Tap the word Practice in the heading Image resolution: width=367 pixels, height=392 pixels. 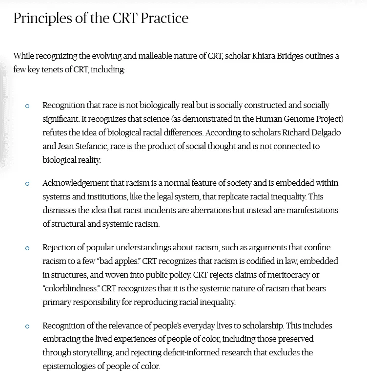[x=165, y=19]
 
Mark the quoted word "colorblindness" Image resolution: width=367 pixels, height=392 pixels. [x=71, y=289]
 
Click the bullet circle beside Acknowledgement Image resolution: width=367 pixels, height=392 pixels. [x=27, y=184]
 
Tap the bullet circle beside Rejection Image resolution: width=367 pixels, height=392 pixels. [x=27, y=248]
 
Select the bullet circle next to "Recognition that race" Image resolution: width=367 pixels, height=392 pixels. [x=27, y=106]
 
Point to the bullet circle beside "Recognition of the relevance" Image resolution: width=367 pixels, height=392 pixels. [x=27, y=326]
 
